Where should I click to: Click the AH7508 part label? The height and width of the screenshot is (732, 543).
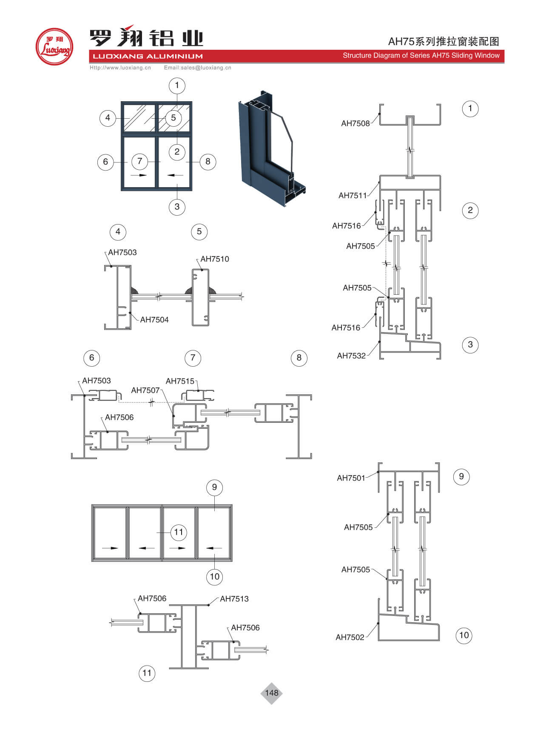[x=355, y=123]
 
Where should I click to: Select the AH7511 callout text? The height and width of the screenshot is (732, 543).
[x=352, y=195]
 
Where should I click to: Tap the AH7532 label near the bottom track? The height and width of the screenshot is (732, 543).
[x=351, y=356]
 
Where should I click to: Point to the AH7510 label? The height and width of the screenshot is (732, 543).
[x=214, y=259]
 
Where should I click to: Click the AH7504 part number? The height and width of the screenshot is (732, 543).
[x=154, y=319]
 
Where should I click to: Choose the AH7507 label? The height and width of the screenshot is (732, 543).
[x=145, y=390]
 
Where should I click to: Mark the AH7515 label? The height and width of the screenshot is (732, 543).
[x=179, y=381]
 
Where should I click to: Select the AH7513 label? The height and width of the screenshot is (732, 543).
[x=234, y=598]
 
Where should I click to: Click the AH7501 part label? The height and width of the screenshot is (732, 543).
[x=351, y=478]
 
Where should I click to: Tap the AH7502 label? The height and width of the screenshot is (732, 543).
[x=350, y=637]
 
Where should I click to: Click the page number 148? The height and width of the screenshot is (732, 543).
[x=271, y=693]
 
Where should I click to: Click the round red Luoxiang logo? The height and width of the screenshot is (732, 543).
[x=54, y=47]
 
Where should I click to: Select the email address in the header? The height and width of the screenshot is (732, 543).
[x=197, y=68]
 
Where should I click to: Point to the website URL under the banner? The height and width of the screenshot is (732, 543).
[x=120, y=68]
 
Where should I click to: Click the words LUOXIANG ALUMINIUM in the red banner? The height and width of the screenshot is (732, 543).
[x=148, y=56]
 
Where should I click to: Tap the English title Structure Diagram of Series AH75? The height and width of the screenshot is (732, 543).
[x=421, y=55]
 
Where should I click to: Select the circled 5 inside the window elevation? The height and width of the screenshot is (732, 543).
[x=173, y=118]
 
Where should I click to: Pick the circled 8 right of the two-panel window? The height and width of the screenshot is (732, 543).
[x=208, y=161]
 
